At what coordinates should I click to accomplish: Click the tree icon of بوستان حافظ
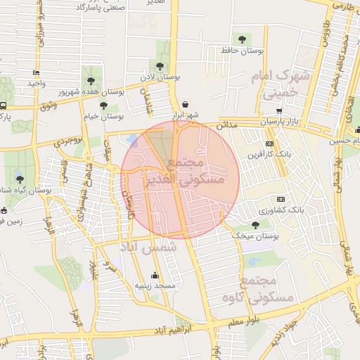coord(243,39)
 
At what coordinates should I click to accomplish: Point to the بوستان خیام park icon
coord(103,105)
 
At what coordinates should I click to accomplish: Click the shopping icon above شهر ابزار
coord(185,103)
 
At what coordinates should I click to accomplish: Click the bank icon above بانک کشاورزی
coord(281,199)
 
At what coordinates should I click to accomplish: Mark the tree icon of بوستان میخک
coord(255,224)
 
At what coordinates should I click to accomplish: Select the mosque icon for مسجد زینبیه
coord(155,275)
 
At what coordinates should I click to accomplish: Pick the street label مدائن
coord(232,124)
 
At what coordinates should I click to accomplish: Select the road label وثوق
coord(48,106)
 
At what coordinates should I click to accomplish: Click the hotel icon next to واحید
coord(36,72)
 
